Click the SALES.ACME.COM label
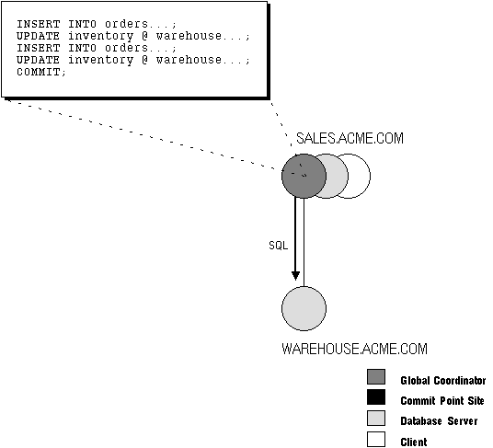pyautogui.click(x=350, y=138)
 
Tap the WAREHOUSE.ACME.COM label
pyautogui.click(x=354, y=349)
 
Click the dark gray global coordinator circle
pyautogui.click(x=304, y=176)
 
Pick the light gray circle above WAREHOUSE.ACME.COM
pyautogui.click(x=304, y=309)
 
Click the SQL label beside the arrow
pyautogui.click(x=279, y=246)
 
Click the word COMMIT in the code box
pyautogui.click(x=38, y=72)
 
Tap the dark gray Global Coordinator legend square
pyautogui.click(x=376, y=376)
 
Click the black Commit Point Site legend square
pyautogui.click(x=376, y=397)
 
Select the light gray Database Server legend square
pyautogui.click(x=376, y=419)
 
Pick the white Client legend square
pyautogui.click(x=376, y=439)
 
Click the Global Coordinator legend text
pyautogui.click(x=443, y=381)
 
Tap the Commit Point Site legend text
pyautogui.click(x=442, y=401)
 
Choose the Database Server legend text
pyautogui.click(x=439, y=421)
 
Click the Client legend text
pyautogui.click(x=414, y=442)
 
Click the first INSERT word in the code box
pyautogui.click(x=38, y=24)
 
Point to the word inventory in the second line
pyautogui.click(x=100, y=37)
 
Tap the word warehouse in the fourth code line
pyautogui.click(x=189, y=60)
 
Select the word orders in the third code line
pyautogui.click(x=126, y=48)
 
